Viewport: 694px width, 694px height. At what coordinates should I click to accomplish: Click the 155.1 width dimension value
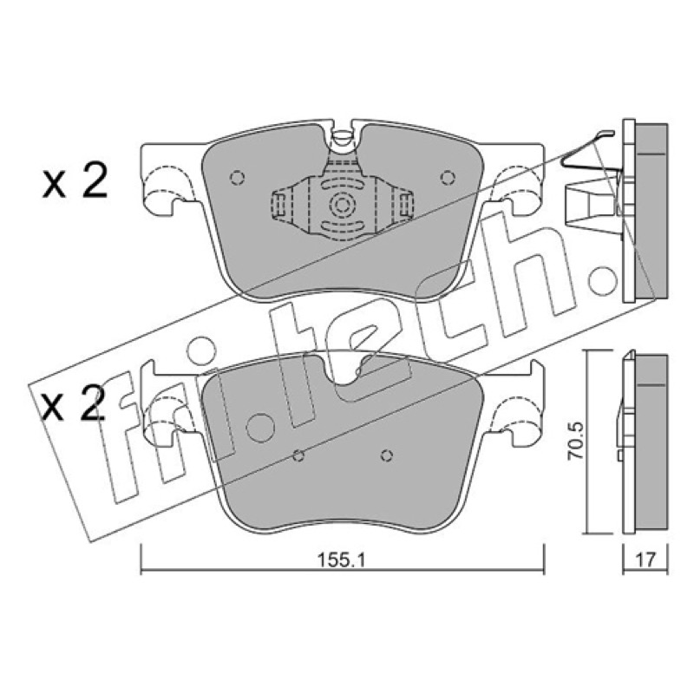pyautogui.click(x=341, y=560)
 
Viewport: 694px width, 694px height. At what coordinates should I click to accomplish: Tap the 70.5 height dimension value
pyautogui.click(x=577, y=442)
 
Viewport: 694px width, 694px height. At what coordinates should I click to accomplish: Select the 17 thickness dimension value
pyautogui.click(x=645, y=560)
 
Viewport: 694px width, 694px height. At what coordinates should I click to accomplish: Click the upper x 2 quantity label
pyautogui.click(x=75, y=180)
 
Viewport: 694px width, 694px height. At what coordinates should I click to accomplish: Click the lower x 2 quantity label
pyautogui.click(x=74, y=402)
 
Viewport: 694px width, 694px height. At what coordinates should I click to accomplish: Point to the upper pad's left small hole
pyautogui.click(x=237, y=178)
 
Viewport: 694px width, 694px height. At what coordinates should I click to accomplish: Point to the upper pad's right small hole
pyautogui.click(x=448, y=178)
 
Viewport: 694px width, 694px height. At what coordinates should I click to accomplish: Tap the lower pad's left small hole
pyautogui.click(x=298, y=455)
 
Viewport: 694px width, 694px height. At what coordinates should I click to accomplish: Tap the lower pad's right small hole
pyautogui.click(x=387, y=455)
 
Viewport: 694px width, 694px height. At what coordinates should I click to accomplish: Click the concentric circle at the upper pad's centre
pyautogui.click(x=342, y=205)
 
